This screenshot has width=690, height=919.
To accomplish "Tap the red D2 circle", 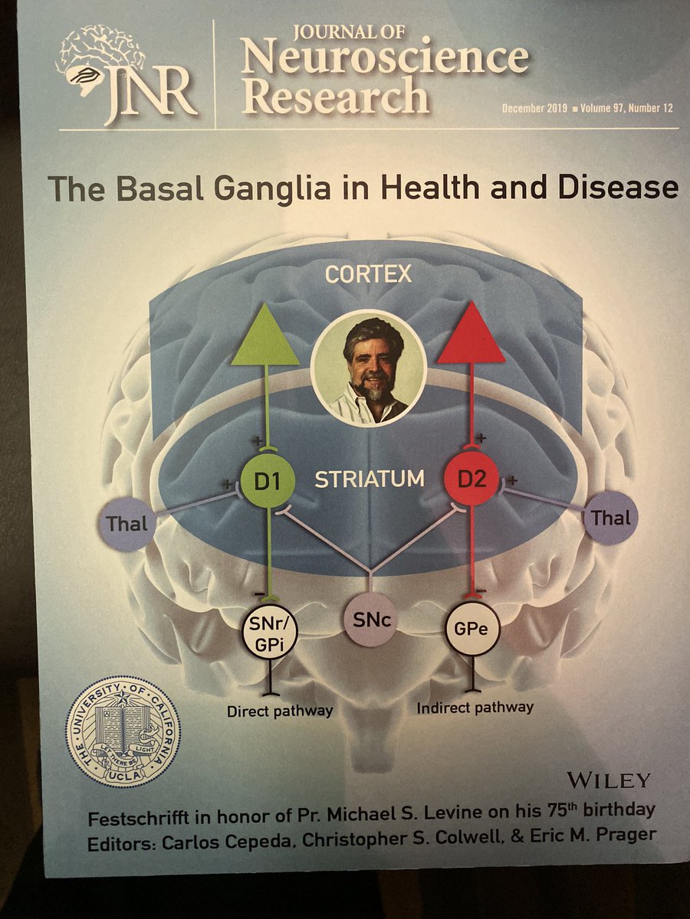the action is (x=470, y=480).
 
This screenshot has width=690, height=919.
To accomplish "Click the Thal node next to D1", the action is (x=127, y=525).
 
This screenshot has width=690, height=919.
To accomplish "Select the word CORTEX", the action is (x=368, y=275).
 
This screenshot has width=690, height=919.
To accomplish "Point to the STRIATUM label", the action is (x=370, y=480).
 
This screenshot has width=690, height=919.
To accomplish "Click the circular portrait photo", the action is (x=368, y=368).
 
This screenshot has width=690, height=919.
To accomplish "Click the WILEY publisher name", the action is (x=609, y=780).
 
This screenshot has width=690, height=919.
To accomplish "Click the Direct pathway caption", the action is (x=280, y=711).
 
